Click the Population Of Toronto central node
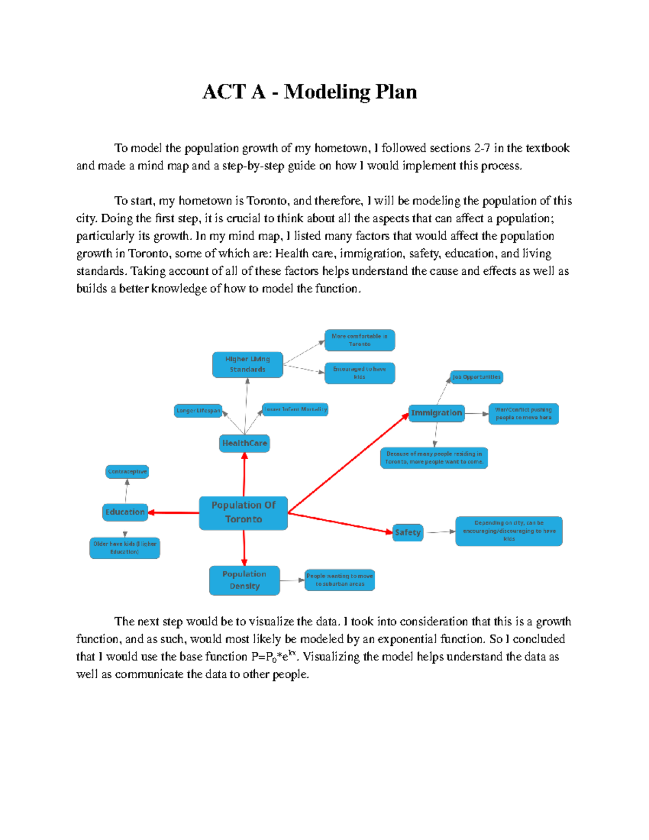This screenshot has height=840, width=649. tap(243, 513)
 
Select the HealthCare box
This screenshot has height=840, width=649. tap(244, 443)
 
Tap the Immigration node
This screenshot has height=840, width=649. tap(436, 413)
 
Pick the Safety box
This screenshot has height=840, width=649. tap(408, 532)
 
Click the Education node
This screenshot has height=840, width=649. tap(125, 512)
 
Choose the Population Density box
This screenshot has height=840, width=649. tap(244, 580)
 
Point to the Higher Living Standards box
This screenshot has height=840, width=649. tap(248, 365)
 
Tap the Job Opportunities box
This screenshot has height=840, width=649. tap(477, 377)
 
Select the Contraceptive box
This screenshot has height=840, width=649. tap(127, 472)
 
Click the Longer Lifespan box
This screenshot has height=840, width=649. tap(198, 411)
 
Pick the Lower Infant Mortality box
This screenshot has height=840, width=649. tap(295, 409)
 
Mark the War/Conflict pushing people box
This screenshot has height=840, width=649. tap(524, 414)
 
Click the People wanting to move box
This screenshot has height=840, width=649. tap(340, 580)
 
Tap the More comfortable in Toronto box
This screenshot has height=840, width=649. tap(360, 340)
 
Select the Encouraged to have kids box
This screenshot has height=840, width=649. tap(360, 373)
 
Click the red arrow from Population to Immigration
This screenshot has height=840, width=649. tap(349, 463)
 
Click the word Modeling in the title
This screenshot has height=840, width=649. tap(327, 92)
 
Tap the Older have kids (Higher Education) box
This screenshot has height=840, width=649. tap(125, 548)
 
